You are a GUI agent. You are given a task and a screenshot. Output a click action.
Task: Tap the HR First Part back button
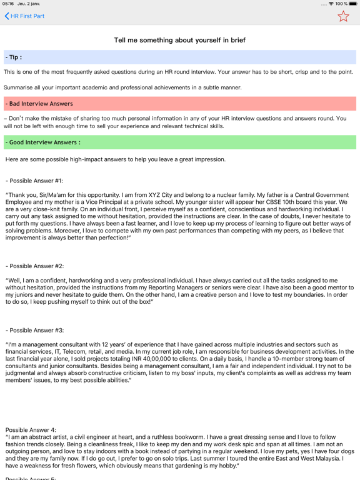[24, 16]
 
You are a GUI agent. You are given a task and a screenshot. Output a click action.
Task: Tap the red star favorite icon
[343, 16]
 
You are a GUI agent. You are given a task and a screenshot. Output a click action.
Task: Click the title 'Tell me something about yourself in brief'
[179, 40]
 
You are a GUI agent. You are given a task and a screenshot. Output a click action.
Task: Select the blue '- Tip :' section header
[14, 57]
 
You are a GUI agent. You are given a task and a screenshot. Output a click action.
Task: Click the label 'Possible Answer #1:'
[35, 181]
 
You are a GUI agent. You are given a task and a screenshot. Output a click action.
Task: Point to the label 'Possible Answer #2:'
[35, 266]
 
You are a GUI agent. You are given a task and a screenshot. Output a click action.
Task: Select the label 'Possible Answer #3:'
[35, 330]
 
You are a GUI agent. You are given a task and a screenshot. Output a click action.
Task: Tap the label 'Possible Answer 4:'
[31, 430]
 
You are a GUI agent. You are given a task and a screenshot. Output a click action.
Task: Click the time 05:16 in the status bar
[8, 4]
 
